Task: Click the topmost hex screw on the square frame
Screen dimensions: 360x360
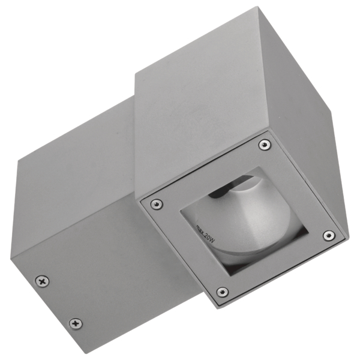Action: [265, 145]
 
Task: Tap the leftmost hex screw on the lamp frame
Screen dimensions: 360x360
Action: [157, 203]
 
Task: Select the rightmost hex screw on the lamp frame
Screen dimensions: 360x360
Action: [329, 236]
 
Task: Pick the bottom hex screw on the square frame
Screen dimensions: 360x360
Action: [223, 292]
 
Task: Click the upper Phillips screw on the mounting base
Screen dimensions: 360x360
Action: [42, 281]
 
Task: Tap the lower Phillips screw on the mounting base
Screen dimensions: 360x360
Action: [76, 324]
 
